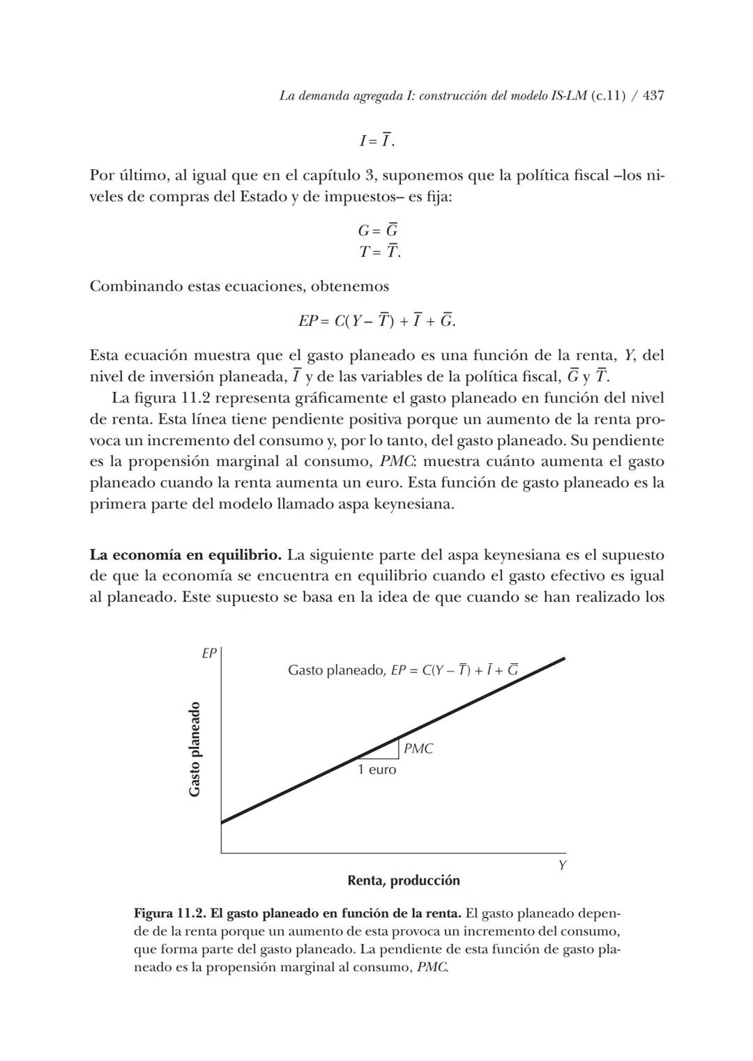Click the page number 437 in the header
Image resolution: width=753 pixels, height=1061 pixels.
coord(653,96)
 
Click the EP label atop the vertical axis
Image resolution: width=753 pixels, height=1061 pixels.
coord(209,653)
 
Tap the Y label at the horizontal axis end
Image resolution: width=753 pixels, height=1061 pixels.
coord(562,865)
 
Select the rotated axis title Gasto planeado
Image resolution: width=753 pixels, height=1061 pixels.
coord(195,749)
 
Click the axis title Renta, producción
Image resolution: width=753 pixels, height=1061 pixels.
coord(404,881)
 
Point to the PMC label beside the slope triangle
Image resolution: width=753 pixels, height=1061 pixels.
coord(418,749)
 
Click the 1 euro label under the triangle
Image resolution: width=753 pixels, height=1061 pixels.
coord(376,770)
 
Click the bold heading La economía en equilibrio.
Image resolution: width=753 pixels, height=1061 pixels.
coord(185,555)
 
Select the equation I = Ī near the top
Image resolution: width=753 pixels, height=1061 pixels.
coord(376,141)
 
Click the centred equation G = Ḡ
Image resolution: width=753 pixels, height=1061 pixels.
coord(377,231)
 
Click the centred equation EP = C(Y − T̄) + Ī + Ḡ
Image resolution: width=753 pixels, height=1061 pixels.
coord(376,321)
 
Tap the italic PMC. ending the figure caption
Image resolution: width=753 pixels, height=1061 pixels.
coord(432,968)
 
